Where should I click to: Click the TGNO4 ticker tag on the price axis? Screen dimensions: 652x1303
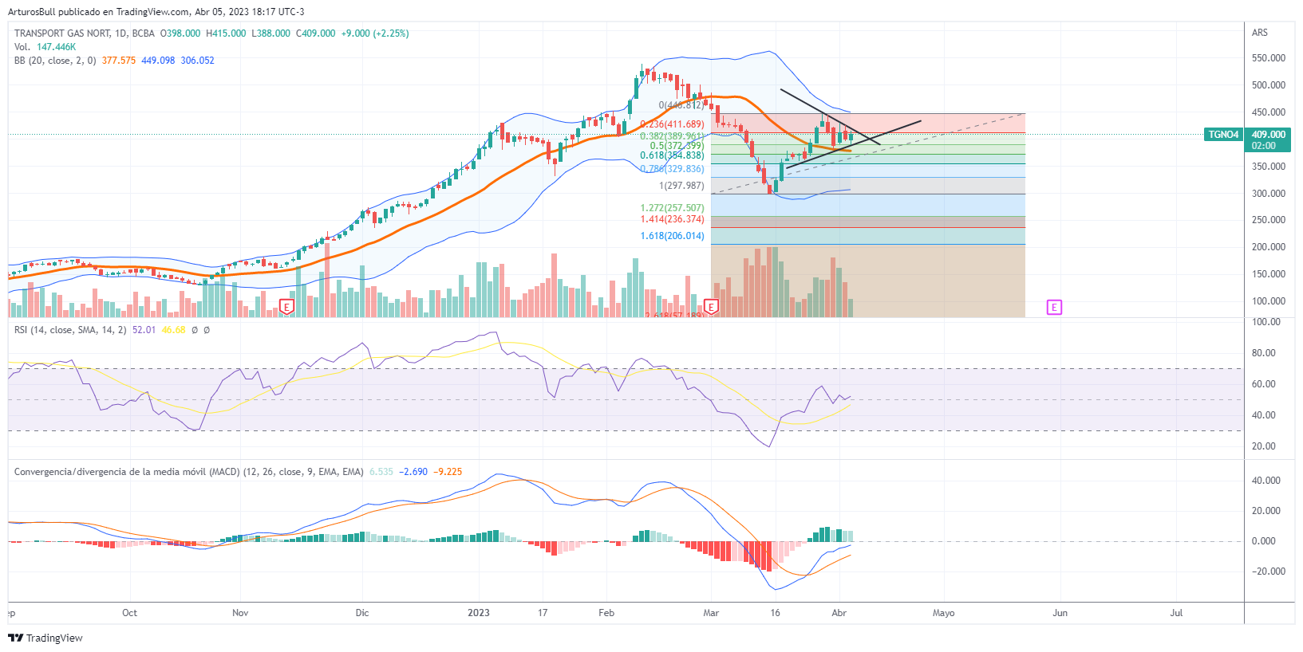(x=1223, y=135)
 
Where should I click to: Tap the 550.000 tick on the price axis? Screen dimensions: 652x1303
(x=1268, y=58)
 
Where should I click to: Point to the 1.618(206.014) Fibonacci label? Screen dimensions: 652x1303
(x=672, y=236)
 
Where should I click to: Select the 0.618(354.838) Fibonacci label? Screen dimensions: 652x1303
(x=672, y=155)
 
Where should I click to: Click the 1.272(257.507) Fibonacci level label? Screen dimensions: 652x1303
(x=672, y=208)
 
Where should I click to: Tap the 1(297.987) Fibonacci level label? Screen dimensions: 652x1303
(x=681, y=186)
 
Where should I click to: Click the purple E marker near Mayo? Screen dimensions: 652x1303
(x=1054, y=307)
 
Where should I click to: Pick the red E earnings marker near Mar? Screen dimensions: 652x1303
(x=711, y=307)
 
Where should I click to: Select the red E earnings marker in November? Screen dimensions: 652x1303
(x=287, y=307)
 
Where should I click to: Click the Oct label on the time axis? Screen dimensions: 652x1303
(x=129, y=613)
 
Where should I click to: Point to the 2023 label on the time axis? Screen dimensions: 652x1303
(x=479, y=613)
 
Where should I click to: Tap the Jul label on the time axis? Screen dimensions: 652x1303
(x=1176, y=613)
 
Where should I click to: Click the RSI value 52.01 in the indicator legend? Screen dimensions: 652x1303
(x=144, y=330)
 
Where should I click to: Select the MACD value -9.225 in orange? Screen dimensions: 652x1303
(x=448, y=472)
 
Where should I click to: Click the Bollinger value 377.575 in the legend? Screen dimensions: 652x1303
(x=119, y=61)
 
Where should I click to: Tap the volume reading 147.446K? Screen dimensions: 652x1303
(x=56, y=47)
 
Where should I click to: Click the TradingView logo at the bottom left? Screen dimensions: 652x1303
(x=45, y=638)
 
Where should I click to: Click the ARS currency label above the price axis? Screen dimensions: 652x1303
(x=1260, y=33)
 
